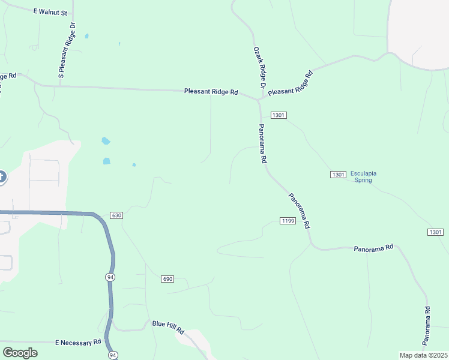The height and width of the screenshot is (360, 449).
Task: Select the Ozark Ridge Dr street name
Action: point(259,68)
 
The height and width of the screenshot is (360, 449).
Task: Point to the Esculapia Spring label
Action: point(364,176)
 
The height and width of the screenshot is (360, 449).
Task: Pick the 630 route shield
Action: point(116,215)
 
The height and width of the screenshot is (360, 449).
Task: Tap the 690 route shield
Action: point(167,279)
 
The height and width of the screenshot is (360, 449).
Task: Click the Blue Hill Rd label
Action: point(167,326)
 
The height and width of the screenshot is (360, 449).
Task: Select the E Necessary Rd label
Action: point(79,343)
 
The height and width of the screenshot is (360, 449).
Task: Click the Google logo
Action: point(20,353)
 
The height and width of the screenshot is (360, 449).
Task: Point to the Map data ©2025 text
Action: point(423,355)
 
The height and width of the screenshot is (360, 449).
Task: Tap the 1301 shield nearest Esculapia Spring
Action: point(337,174)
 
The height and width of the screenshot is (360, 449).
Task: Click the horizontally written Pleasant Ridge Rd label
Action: point(211,92)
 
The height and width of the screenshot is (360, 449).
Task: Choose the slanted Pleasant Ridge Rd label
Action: point(291,84)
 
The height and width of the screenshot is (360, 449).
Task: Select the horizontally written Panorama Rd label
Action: point(373,247)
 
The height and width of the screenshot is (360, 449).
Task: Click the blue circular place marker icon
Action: point(1,177)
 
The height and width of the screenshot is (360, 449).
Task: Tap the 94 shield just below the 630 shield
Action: point(109,277)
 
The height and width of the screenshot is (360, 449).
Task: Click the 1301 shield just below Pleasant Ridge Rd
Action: point(279,115)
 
